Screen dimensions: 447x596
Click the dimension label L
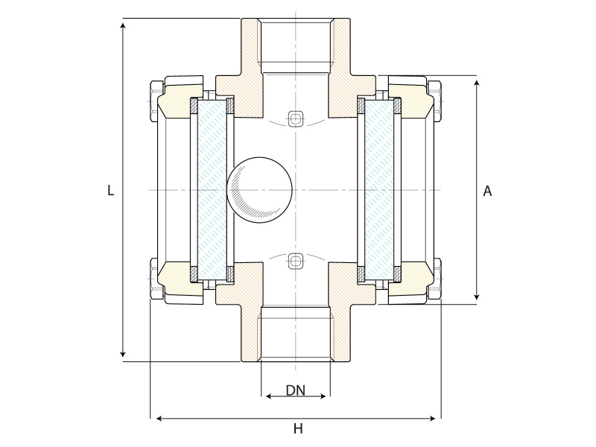click(110, 191)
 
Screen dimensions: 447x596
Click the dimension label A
click(487, 191)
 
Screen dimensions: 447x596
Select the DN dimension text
click(296, 390)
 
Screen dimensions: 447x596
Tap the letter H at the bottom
click(298, 428)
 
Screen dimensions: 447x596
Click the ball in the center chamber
click(259, 188)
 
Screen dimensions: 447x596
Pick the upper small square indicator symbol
click(296, 118)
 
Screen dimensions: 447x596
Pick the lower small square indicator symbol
click(296, 261)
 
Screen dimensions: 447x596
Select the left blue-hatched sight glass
click(212, 189)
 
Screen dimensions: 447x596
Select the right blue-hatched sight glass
click(379, 189)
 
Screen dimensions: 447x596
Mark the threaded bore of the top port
click(296, 45)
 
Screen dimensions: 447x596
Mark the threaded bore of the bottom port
click(296, 335)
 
